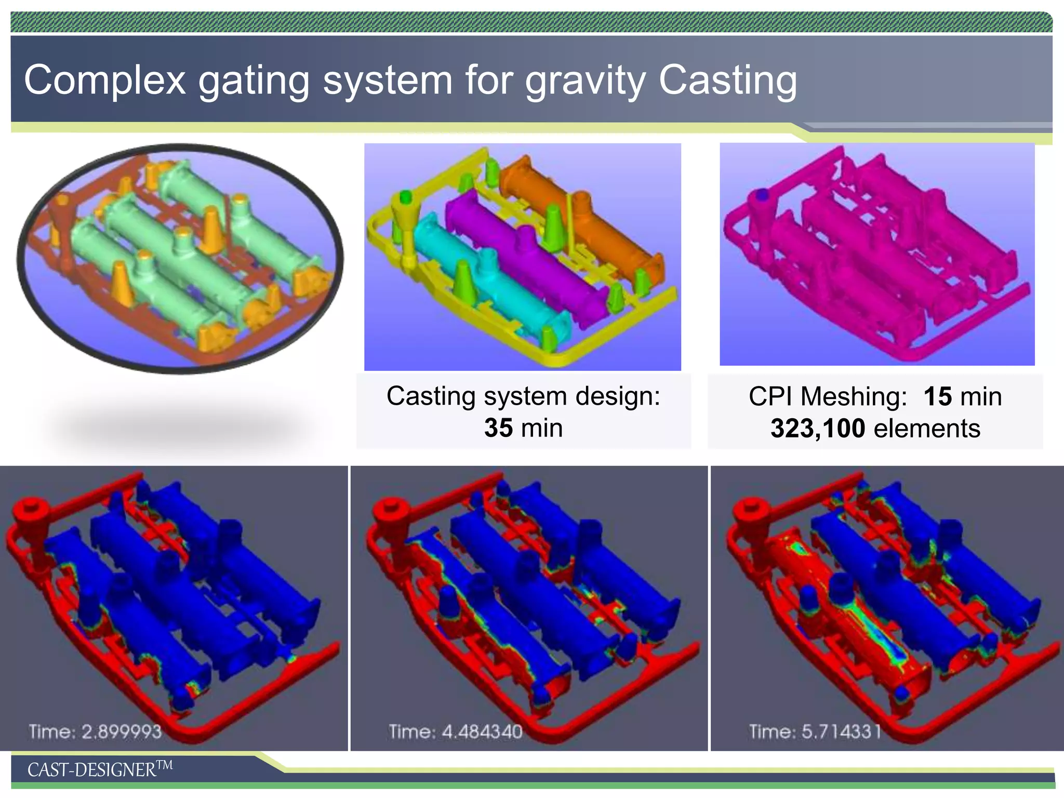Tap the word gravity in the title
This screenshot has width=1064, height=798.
[x=585, y=81]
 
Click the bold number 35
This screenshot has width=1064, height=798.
[x=498, y=428]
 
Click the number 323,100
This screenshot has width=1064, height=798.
[x=817, y=429]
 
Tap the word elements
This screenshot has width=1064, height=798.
[x=927, y=429]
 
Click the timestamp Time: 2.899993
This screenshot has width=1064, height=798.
[x=95, y=731]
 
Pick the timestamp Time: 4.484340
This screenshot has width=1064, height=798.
[x=455, y=731]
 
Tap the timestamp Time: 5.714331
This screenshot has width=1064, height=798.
[x=815, y=731]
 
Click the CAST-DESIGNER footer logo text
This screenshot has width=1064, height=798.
[x=99, y=769]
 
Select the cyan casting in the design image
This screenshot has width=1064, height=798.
[x=488, y=281]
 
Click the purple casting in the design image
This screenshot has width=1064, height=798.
[x=525, y=249]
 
